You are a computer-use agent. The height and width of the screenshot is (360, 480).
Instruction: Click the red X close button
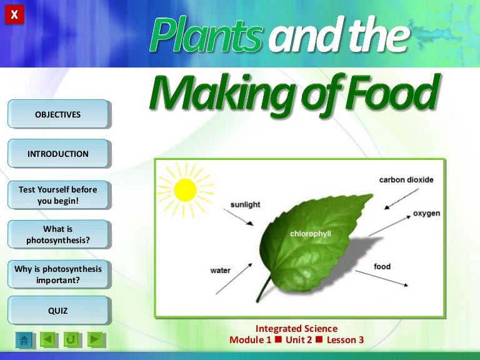tap(14, 14)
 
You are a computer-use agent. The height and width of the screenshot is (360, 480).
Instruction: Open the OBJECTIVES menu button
tap(58, 114)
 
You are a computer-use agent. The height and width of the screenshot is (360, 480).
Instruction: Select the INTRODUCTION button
tap(58, 154)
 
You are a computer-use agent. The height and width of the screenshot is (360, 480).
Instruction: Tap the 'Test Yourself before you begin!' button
tap(58, 195)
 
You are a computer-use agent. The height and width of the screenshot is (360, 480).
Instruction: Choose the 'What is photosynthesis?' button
tap(58, 234)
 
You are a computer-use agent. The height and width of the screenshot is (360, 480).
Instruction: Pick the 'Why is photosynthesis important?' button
tap(58, 274)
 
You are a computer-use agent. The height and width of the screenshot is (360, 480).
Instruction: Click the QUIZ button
tap(58, 311)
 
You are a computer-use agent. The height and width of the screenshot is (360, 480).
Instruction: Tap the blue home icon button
tap(24, 339)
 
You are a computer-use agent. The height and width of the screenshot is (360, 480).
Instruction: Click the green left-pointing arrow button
tap(47, 339)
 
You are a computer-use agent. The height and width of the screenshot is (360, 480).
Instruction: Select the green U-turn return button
tap(71, 339)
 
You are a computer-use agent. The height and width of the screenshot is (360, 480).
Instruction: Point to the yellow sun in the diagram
tap(185, 189)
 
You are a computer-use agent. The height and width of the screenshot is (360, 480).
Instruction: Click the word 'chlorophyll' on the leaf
tap(310, 233)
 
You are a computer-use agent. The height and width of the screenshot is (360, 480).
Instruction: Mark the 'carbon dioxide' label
tap(406, 180)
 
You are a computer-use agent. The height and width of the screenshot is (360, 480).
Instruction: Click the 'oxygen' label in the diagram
tap(426, 213)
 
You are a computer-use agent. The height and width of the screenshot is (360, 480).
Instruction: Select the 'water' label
tap(220, 271)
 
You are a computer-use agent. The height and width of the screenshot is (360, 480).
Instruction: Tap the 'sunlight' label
tap(245, 204)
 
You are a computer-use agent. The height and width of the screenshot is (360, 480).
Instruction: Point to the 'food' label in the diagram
tap(382, 266)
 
